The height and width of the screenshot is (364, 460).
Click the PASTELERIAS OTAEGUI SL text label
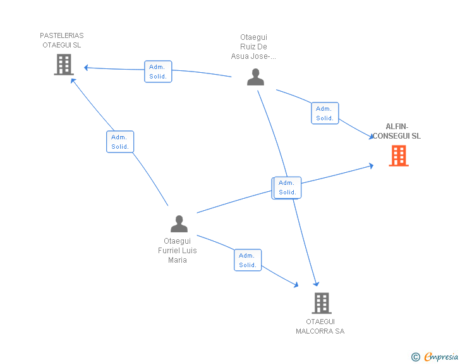click(x=62, y=41)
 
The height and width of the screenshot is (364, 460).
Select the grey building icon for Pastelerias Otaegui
click(x=64, y=65)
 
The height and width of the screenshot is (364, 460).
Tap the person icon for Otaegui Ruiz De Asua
click(x=255, y=77)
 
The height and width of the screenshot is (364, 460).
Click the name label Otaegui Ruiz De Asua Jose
click(x=253, y=47)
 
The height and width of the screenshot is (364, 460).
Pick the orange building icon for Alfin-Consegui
click(x=399, y=155)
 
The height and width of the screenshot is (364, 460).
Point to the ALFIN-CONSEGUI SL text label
click(x=396, y=131)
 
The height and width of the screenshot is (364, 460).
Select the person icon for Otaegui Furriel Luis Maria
click(x=179, y=224)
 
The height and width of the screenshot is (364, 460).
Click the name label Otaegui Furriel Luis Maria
click(x=178, y=251)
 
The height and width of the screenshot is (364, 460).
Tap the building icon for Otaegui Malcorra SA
click(x=321, y=303)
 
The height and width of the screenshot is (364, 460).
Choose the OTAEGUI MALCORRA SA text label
click(x=320, y=327)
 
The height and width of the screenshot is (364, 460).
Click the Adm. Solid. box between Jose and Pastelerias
click(x=158, y=72)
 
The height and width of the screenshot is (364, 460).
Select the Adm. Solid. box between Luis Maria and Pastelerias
click(x=120, y=142)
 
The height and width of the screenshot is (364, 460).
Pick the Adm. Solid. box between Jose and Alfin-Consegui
click(x=325, y=113)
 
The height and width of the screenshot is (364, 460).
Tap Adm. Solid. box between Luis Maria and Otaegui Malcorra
click(x=248, y=260)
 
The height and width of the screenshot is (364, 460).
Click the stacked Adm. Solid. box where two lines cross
click(x=287, y=188)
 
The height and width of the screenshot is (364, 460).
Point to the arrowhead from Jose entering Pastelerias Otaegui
click(x=87, y=68)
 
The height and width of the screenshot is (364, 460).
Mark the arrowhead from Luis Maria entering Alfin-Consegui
click(x=372, y=166)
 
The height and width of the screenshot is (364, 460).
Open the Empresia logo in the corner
click(x=441, y=356)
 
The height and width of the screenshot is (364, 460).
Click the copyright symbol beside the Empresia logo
click(x=416, y=357)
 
